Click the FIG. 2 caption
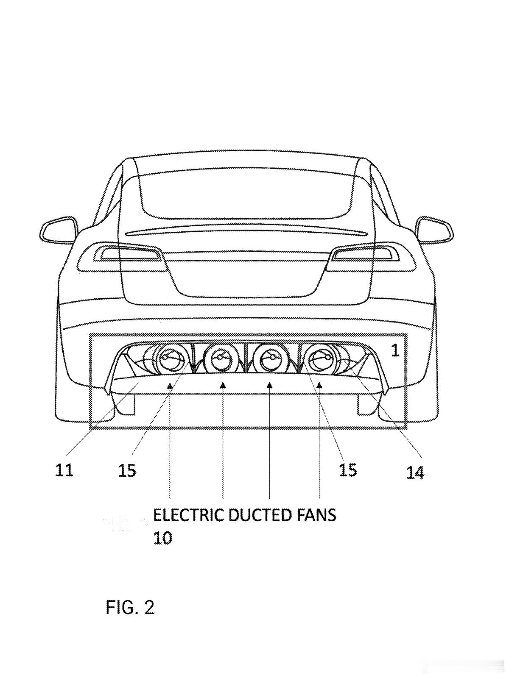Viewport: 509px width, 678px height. click(x=130, y=608)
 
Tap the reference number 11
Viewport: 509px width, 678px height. click(x=64, y=470)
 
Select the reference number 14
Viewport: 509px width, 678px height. click(x=415, y=472)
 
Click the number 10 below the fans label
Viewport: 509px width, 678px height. click(x=162, y=539)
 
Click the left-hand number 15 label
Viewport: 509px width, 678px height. click(x=127, y=471)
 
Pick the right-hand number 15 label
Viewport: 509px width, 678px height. click(x=348, y=470)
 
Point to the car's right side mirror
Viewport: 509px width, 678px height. click(x=435, y=231)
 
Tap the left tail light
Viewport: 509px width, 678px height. click(x=127, y=254)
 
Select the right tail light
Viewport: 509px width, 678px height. click(x=366, y=254)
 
